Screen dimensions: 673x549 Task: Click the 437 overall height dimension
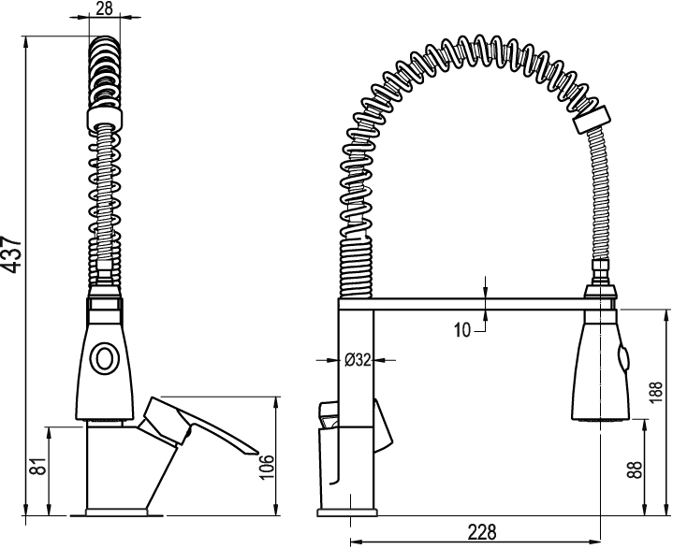point(11,253)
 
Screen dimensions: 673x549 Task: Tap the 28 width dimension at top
point(104,8)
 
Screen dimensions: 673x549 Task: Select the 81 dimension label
point(38,466)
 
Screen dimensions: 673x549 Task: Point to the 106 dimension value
point(267,467)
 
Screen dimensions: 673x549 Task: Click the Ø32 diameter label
point(358,360)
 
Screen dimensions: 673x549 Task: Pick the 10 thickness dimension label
point(462,330)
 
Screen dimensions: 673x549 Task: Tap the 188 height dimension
point(656,392)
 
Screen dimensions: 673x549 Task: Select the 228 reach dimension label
point(481,532)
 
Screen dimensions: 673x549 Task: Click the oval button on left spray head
point(104,358)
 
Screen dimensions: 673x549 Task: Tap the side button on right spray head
point(622,358)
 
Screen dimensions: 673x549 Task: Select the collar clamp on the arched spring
point(591,121)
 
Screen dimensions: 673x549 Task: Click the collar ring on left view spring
point(104,119)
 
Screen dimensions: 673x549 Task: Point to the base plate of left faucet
point(117,513)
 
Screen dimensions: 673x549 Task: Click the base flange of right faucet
point(347,513)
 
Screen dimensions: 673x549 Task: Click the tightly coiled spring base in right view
point(356,268)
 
